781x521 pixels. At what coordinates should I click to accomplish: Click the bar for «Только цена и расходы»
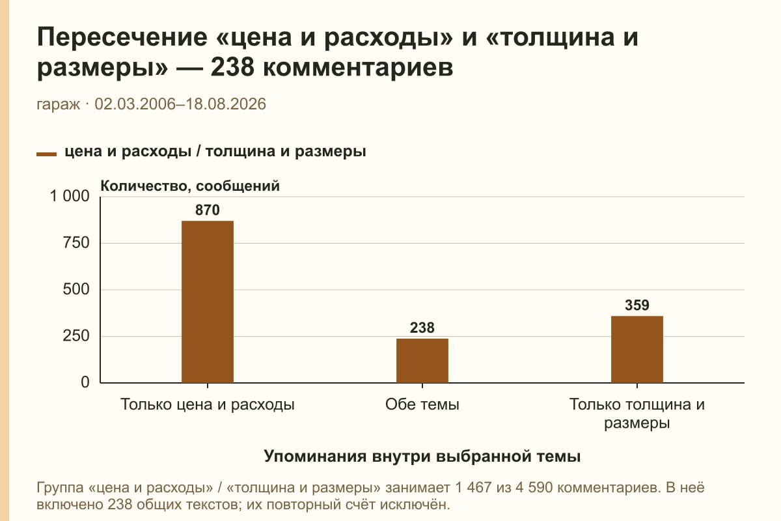click(208, 302)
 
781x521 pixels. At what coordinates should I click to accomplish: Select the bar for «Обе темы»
click(422, 361)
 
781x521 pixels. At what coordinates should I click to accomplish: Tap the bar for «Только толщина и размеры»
click(637, 349)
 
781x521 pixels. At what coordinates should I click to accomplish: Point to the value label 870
click(208, 210)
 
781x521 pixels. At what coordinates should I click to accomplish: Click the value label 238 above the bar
click(422, 328)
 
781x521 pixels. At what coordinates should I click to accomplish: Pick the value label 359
click(637, 305)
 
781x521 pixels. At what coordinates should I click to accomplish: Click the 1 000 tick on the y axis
click(70, 196)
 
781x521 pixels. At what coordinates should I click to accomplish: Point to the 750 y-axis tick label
click(76, 243)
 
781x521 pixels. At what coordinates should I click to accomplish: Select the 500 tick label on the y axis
click(76, 289)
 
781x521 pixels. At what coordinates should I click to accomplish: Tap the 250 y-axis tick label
click(76, 336)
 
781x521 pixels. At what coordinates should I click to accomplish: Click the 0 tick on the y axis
click(85, 382)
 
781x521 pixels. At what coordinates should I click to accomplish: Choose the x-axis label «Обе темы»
click(422, 405)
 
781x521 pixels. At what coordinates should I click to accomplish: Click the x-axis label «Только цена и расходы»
click(208, 405)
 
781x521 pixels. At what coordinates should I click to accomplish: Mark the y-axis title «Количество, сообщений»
click(190, 186)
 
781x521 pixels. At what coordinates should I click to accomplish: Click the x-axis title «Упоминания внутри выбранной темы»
click(422, 457)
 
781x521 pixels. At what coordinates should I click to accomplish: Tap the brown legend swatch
click(46, 154)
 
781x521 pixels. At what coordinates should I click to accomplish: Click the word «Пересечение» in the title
click(122, 37)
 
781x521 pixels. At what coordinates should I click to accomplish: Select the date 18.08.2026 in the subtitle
click(226, 104)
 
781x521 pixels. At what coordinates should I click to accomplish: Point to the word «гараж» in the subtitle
click(58, 105)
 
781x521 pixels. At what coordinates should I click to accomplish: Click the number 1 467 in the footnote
click(473, 488)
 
